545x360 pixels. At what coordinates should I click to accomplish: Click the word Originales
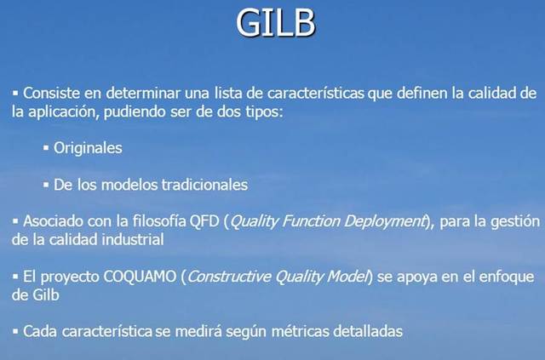(x=88, y=147)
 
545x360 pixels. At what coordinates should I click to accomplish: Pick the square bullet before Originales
(x=46, y=148)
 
